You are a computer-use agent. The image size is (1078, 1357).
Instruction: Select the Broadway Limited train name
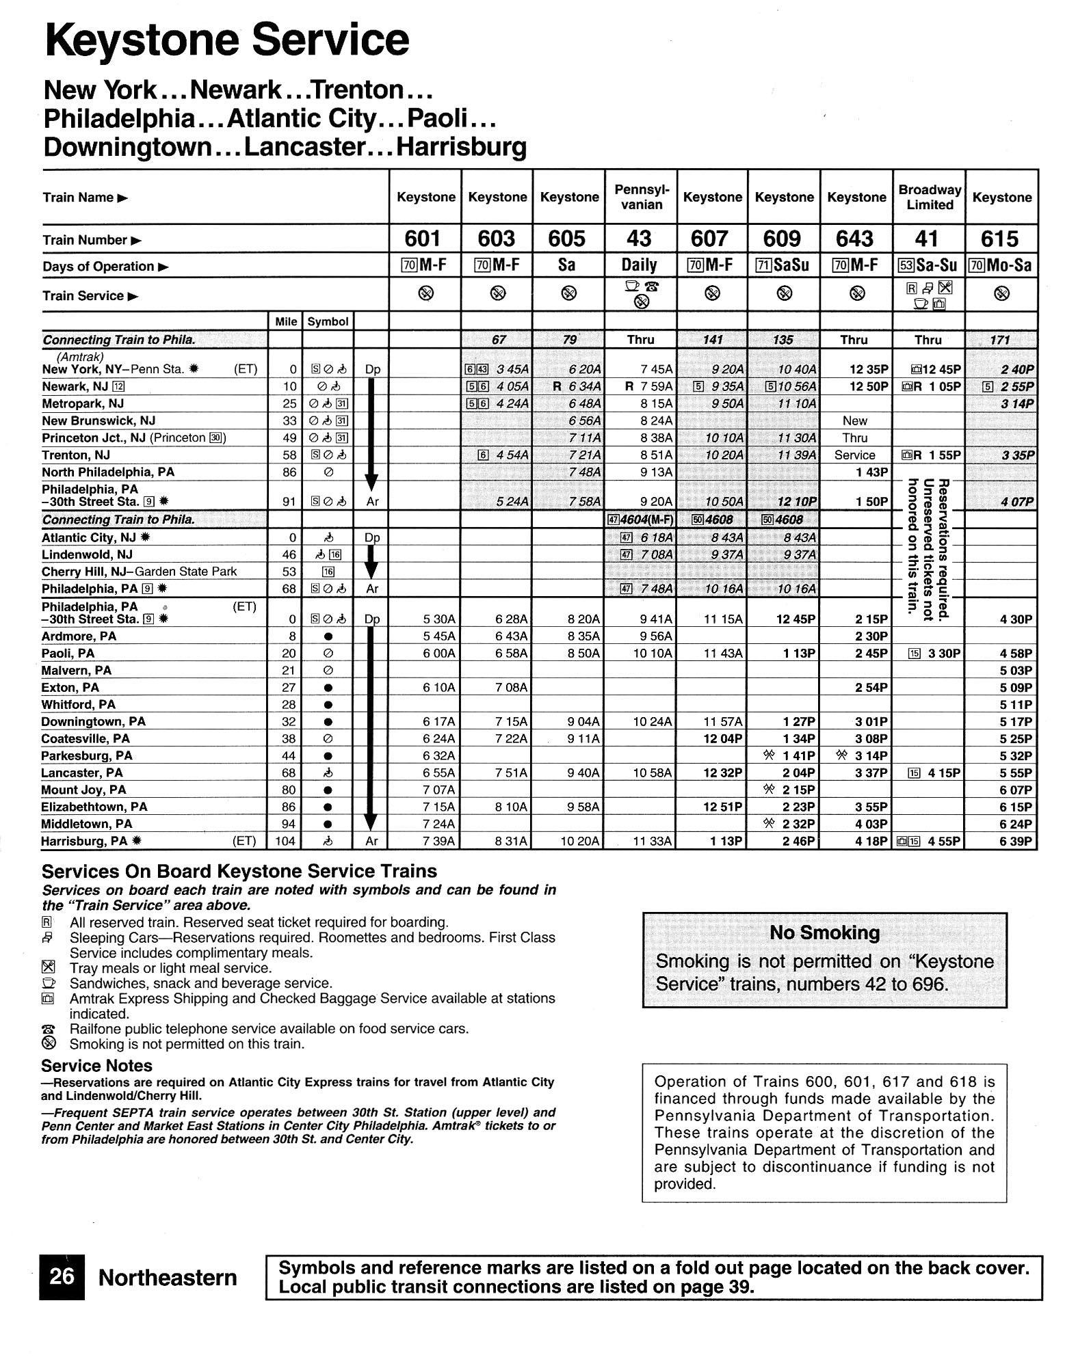(x=929, y=197)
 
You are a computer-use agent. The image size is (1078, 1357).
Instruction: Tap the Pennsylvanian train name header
(x=640, y=197)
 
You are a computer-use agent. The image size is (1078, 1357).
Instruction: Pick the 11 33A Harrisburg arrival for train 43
(x=652, y=842)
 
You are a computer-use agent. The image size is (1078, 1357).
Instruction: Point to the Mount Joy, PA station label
(x=83, y=790)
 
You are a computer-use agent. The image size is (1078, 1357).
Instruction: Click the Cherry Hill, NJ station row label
(x=139, y=572)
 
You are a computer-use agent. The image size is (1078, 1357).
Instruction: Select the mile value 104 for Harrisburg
(x=285, y=842)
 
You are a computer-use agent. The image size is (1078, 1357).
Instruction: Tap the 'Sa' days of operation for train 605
(x=567, y=265)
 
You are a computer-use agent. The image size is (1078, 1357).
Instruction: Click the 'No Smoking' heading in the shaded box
(x=824, y=932)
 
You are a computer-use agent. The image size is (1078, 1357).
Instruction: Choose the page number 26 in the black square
(x=62, y=1276)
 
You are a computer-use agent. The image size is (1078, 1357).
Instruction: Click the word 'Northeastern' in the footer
(x=168, y=1278)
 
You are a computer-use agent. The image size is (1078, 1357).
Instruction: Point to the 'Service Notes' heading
(x=96, y=1066)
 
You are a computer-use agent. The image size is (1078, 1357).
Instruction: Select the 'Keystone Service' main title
(x=226, y=40)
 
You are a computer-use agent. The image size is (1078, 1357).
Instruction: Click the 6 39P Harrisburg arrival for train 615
(x=1016, y=842)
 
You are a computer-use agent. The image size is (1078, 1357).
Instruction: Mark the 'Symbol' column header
(x=328, y=321)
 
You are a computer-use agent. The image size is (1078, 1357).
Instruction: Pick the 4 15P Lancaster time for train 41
(x=944, y=773)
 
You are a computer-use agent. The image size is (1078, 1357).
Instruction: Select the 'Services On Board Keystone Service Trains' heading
(x=239, y=871)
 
